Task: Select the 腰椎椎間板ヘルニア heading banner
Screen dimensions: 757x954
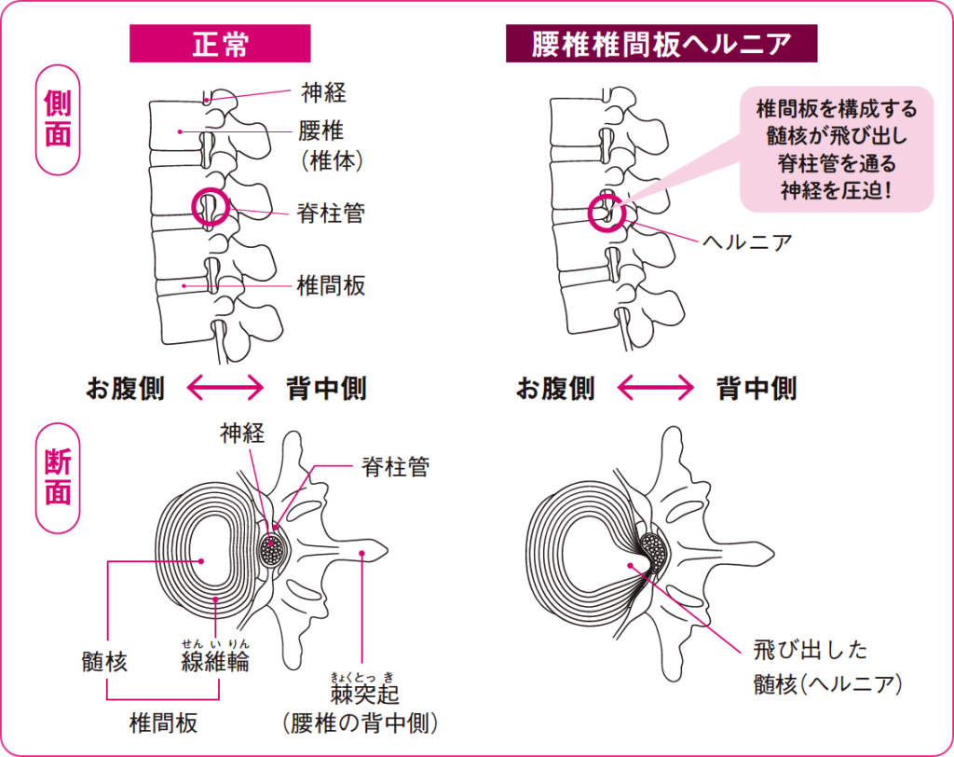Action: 661,44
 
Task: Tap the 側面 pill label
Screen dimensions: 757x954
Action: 58,119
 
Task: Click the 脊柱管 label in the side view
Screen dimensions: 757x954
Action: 332,213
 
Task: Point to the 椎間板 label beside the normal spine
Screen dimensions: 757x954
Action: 332,285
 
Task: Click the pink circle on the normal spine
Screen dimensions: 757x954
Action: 210,206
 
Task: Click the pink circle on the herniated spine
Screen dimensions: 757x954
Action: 606,212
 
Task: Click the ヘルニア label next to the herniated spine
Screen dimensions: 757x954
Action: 747,243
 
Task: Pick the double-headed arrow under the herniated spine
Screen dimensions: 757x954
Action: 656,388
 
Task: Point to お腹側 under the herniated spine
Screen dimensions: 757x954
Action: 556,388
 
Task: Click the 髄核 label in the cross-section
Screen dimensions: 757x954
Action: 104,663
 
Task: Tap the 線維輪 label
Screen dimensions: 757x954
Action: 215,662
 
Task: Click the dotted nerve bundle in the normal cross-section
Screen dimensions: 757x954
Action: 273,550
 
